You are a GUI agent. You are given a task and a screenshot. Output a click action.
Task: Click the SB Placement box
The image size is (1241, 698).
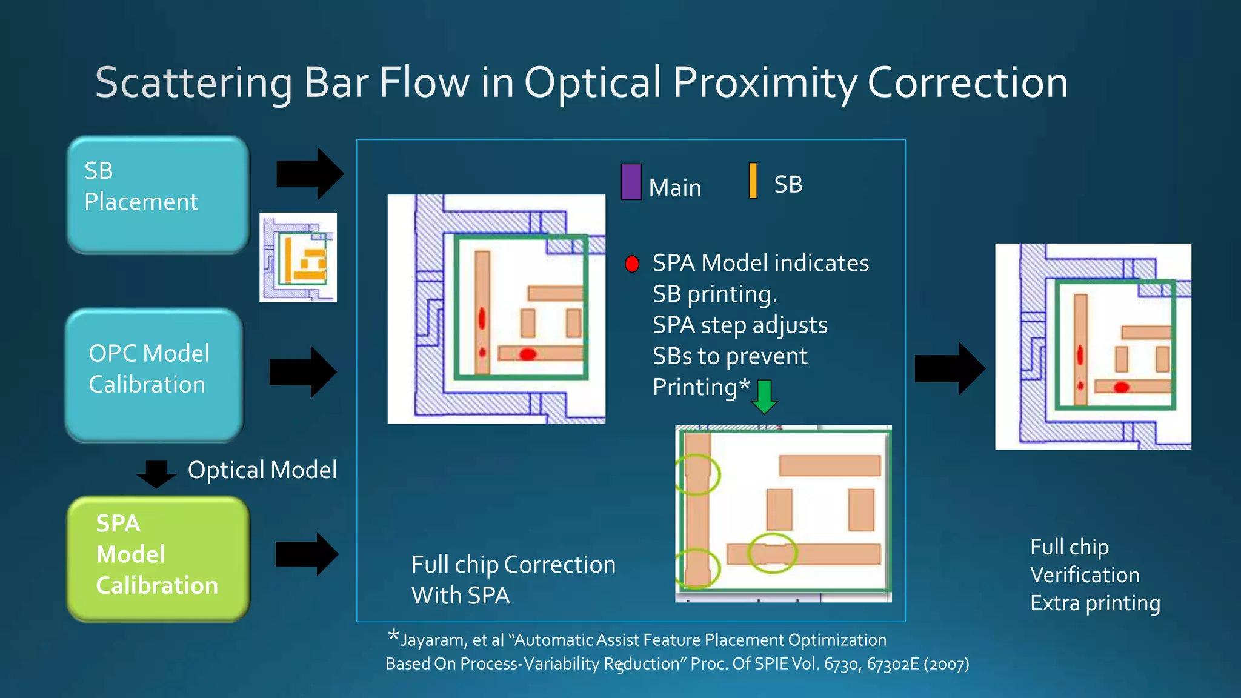click(158, 194)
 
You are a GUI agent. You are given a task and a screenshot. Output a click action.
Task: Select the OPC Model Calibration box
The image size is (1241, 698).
click(154, 374)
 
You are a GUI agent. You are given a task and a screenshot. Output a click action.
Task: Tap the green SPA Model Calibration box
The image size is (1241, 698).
click(158, 559)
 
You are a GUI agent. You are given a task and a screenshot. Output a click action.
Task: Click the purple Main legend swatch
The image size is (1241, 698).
click(631, 181)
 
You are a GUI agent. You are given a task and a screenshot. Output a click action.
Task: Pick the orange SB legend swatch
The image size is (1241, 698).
click(753, 181)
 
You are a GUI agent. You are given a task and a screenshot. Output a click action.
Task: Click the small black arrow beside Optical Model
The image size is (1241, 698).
click(156, 473)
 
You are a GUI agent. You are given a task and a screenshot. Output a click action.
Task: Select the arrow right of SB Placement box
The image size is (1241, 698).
click(310, 174)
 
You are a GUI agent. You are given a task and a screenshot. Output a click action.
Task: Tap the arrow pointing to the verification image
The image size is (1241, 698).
click(950, 368)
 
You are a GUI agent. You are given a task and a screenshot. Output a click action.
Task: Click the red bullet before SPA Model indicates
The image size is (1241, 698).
click(632, 264)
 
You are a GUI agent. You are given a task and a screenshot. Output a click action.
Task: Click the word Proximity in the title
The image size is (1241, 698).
click(765, 82)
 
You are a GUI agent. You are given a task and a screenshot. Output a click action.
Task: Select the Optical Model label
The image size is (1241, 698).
click(262, 470)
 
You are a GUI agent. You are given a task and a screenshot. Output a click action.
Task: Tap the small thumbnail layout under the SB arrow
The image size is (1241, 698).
click(298, 257)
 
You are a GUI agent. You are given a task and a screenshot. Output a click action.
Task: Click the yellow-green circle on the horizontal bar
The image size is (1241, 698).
click(772, 553)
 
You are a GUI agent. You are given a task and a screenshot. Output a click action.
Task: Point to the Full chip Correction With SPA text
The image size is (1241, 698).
click(513, 580)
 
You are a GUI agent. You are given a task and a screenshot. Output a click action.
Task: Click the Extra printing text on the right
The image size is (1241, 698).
click(1095, 603)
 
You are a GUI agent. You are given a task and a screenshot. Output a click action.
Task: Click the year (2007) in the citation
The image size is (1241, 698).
click(946, 665)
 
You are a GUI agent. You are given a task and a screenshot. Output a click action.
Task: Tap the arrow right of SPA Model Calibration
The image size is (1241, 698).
click(307, 554)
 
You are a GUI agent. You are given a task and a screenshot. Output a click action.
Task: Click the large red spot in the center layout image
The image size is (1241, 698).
click(528, 354)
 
